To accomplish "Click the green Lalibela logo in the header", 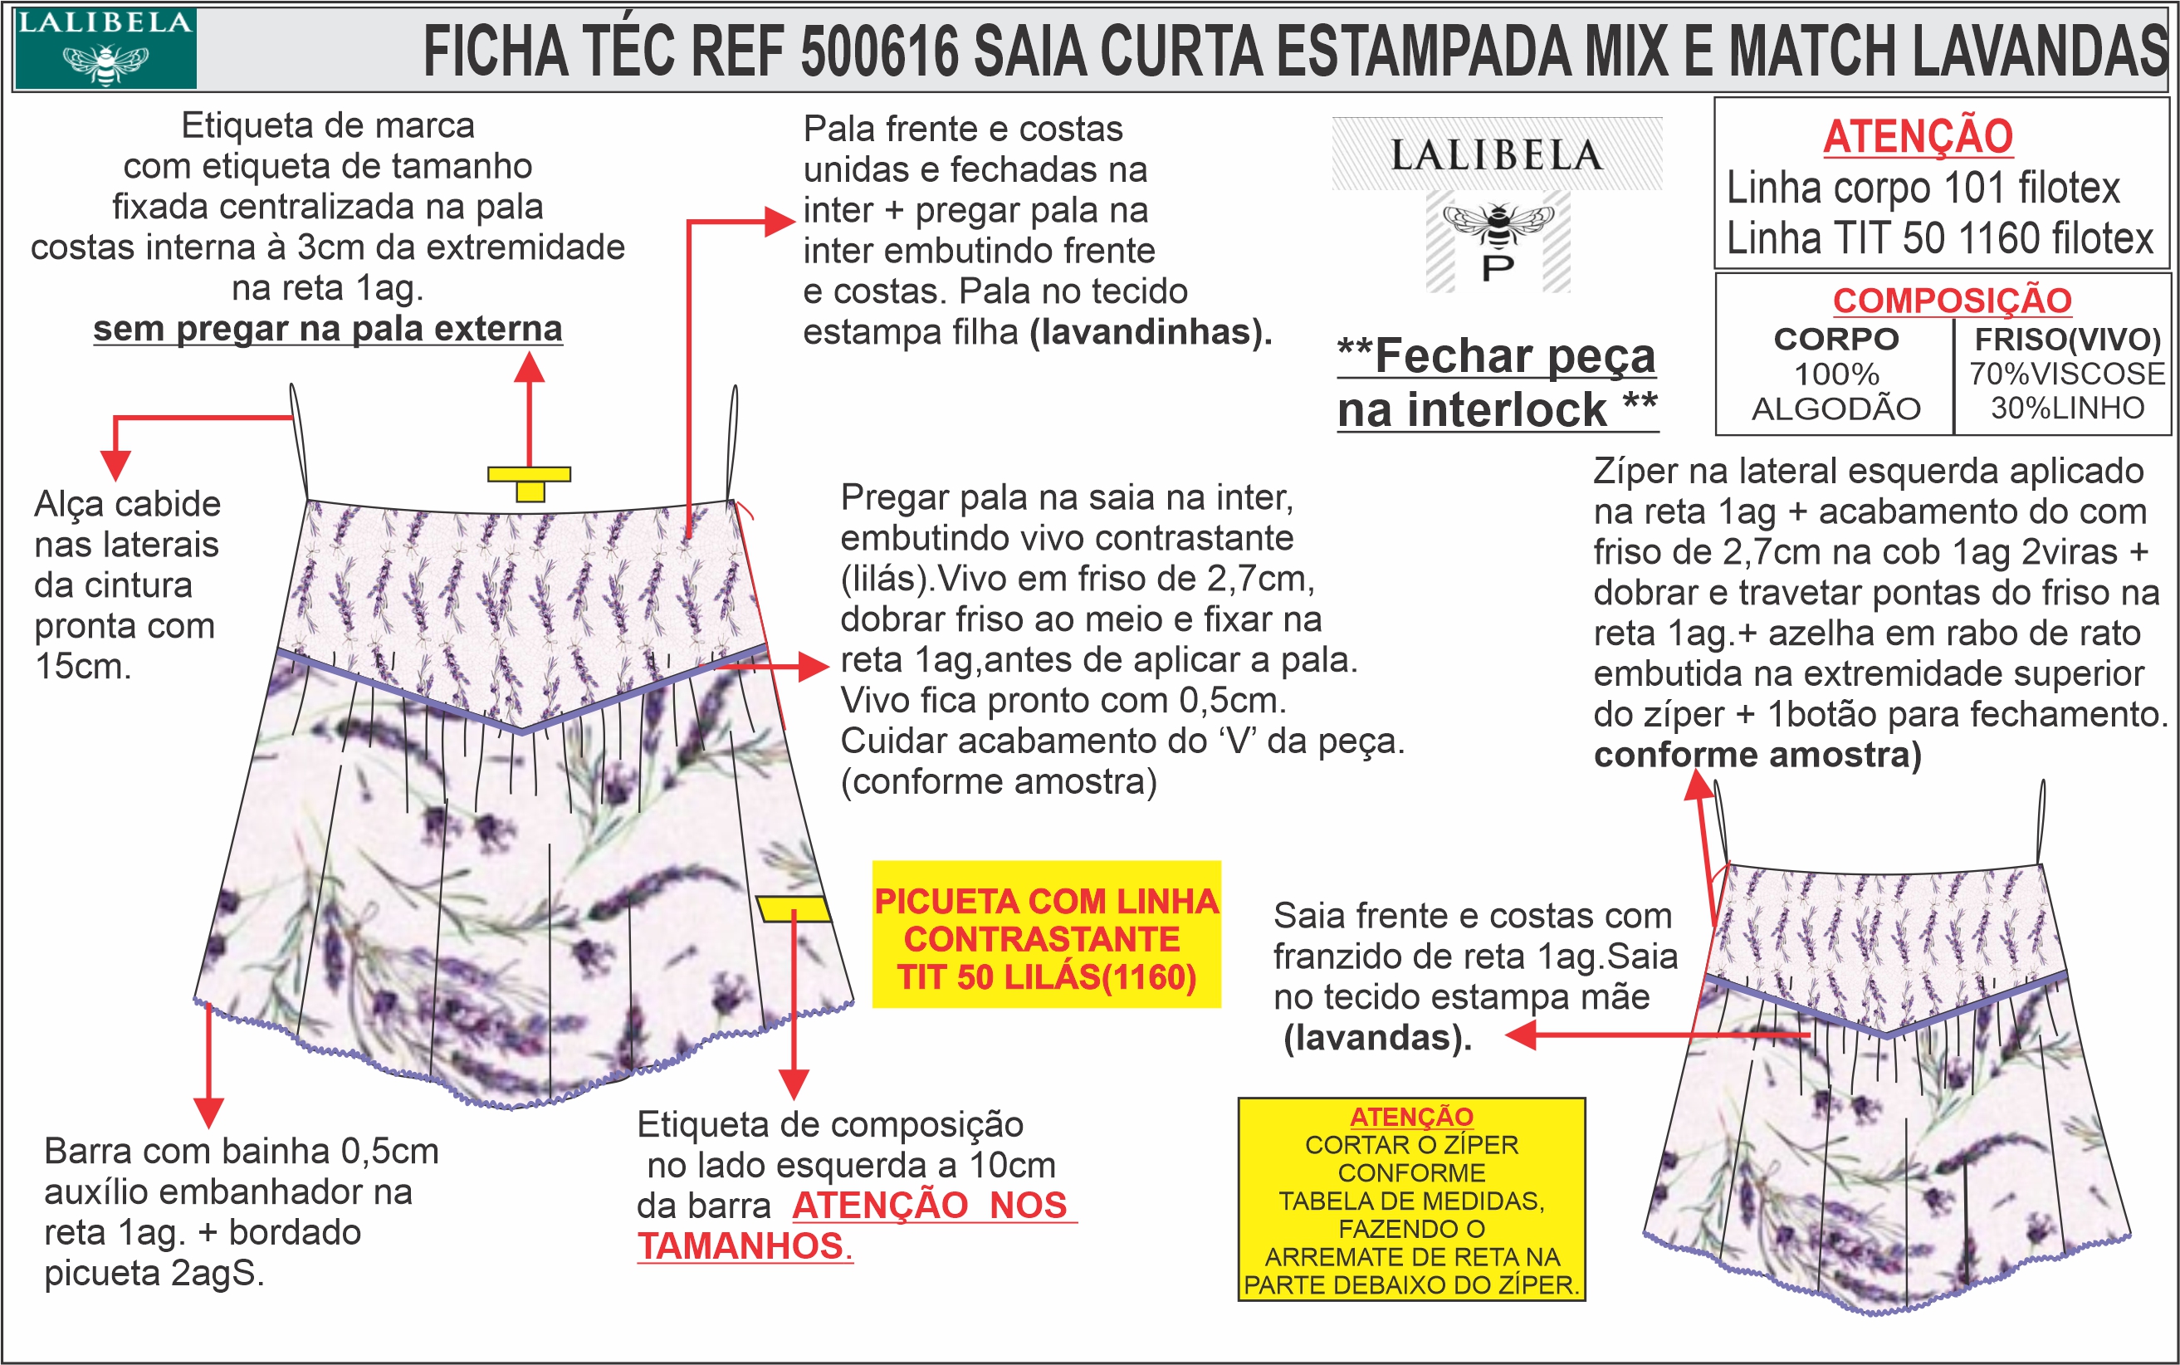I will (105, 49).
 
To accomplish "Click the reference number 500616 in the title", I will (879, 51).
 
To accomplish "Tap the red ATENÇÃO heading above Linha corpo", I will (1918, 136).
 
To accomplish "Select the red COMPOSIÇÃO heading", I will (1952, 301).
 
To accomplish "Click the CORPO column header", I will (1836, 340).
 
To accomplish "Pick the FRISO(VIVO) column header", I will (2067, 340).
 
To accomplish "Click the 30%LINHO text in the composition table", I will (2067, 408).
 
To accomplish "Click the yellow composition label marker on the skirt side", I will (794, 908).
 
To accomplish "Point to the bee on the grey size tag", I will (1498, 224).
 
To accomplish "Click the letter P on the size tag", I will (1498, 268).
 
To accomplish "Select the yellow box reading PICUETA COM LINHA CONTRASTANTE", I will (1045, 934).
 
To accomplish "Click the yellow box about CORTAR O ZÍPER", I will (1411, 1199).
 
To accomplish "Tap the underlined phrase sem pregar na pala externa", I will (328, 329).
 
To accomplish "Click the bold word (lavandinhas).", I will (1151, 332).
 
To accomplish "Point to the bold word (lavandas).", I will (1377, 1038).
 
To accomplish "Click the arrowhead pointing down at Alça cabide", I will (115, 464).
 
